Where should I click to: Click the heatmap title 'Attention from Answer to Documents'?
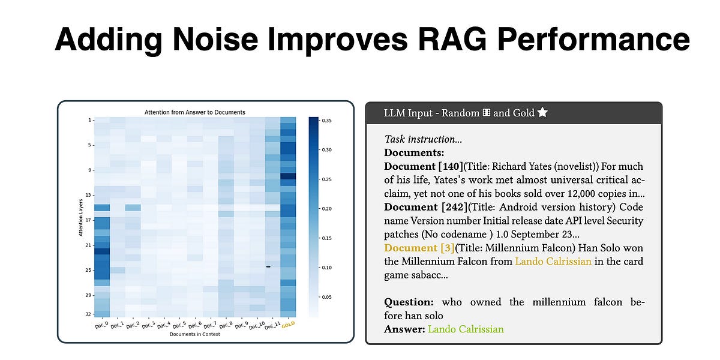[195, 112]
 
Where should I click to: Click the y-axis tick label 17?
[88, 220]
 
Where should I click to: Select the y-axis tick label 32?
[88, 314]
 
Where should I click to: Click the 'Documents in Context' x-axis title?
[195, 335]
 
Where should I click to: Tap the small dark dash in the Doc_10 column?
[268, 266]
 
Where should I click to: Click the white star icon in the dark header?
[542, 113]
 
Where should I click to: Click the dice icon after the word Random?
[487, 113]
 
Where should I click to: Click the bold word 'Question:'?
[409, 302]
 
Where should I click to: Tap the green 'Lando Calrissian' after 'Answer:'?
[466, 329]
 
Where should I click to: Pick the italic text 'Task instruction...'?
[424, 139]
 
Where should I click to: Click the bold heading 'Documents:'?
[415, 152]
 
